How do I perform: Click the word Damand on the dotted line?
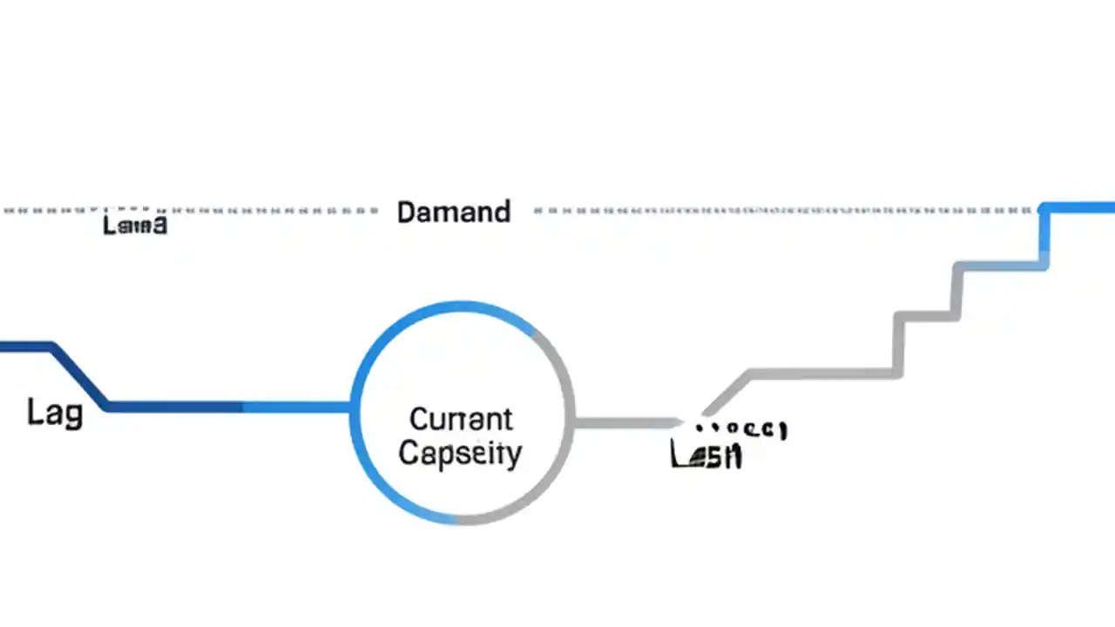click(x=453, y=212)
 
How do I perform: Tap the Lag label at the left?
click(x=54, y=412)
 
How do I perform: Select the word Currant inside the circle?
click(x=461, y=419)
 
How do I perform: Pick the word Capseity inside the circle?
click(x=460, y=453)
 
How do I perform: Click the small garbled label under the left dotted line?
click(x=134, y=226)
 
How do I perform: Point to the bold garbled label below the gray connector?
click(x=706, y=455)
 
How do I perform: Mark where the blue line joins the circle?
click(x=351, y=407)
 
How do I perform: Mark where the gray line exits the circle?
click(x=574, y=423)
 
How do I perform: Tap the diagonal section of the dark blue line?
click(x=80, y=376)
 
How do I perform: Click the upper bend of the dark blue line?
click(x=54, y=347)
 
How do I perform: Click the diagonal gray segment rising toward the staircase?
click(x=727, y=394)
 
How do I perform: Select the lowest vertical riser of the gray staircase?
click(x=898, y=345)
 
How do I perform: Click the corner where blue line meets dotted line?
click(x=1044, y=209)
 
